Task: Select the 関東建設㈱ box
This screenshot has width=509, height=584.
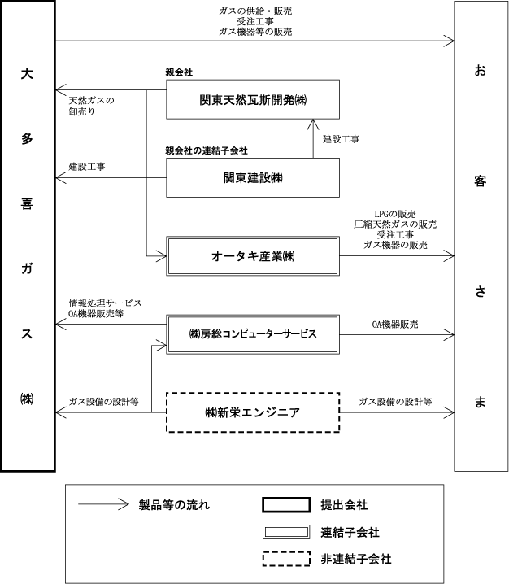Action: [x=253, y=177]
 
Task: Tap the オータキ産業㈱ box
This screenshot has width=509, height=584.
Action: [x=253, y=256]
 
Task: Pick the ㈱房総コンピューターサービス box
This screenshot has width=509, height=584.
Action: [x=253, y=333]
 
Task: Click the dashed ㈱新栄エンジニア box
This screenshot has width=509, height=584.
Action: [x=253, y=412]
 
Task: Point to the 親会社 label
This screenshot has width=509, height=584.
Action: [x=180, y=73]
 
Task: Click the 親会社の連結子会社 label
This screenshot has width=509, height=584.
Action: [x=206, y=150]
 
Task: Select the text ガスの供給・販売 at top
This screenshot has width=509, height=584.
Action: [x=254, y=11]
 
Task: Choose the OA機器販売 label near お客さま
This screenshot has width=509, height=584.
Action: [x=395, y=325]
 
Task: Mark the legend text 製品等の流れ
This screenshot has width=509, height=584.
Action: [x=175, y=505]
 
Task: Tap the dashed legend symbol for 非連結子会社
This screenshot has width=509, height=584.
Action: [x=286, y=559]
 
